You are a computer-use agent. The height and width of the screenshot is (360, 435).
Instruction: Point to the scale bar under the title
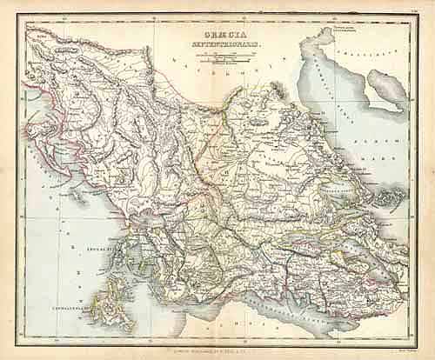[x=217, y=59]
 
